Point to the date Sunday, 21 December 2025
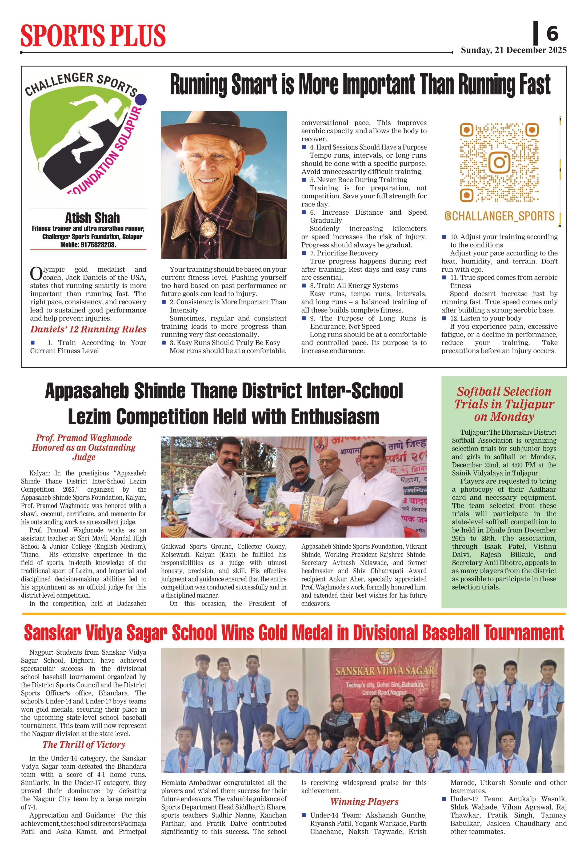[514, 50]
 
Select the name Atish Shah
[92, 218]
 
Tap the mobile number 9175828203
[98, 245]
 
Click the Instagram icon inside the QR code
[499, 162]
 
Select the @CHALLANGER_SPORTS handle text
[499, 216]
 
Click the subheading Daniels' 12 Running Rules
[88, 329]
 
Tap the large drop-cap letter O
[36, 274]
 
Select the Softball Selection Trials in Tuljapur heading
[504, 404]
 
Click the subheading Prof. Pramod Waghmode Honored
[84, 447]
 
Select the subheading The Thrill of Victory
[84, 745]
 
